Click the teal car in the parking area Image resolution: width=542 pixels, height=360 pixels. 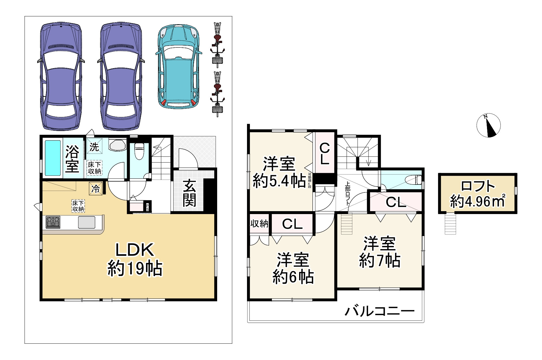click(179, 67)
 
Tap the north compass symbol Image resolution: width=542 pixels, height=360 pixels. click(488, 125)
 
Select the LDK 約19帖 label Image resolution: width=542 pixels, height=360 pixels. click(134, 259)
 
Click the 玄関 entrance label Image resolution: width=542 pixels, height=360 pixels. click(189, 193)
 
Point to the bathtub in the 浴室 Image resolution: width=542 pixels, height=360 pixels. click(52, 158)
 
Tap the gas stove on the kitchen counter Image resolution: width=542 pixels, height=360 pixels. click(53, 222)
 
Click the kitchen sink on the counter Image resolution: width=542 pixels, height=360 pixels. click(87, 222)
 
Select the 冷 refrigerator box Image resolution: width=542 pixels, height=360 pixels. click(95, 189)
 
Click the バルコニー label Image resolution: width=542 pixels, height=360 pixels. click(380, 311)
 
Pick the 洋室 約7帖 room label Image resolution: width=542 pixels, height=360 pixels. click(380, 252)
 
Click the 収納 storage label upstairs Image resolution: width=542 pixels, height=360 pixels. click(259, 224)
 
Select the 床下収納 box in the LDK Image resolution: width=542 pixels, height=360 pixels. click(78, 206)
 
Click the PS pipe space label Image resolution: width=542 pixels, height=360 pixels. click(147, 207)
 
